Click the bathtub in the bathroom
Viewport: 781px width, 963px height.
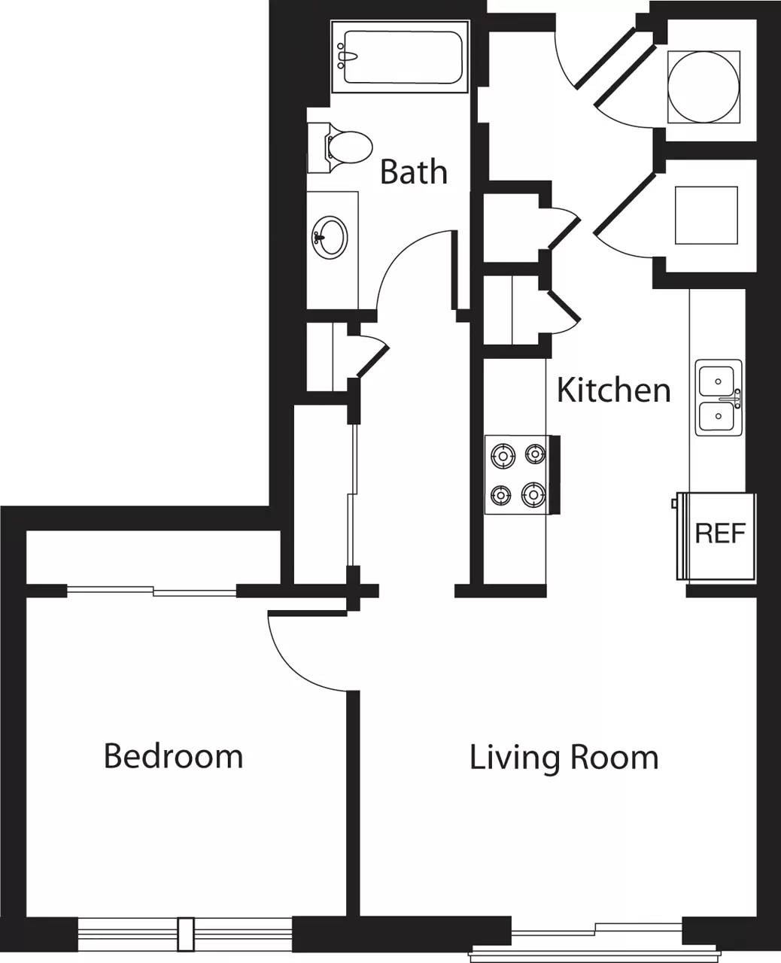point(400,57)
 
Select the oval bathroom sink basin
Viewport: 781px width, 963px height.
point(330,237)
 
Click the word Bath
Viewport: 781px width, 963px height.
point(413,172)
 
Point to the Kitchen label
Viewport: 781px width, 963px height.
point(613,390)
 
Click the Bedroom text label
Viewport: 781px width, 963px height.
point(173,755)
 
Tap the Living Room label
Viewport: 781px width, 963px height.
point(564,757)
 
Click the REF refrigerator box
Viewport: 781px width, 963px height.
point(719,535)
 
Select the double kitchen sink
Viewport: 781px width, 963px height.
point(718,397)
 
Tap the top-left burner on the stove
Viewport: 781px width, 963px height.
point(501,454)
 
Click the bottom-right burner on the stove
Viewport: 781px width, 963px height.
point(533,495)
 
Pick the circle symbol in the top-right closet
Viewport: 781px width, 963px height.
point(704,87)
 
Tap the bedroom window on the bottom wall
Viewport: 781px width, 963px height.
point(184,934)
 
